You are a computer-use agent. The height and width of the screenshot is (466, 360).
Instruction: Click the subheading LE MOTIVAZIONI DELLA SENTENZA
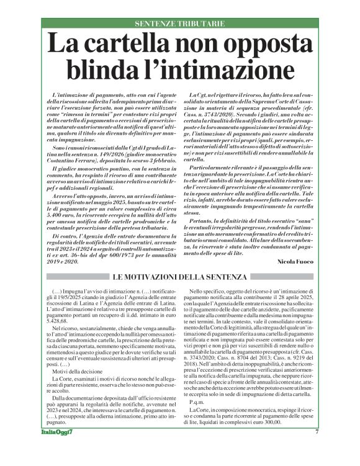click(x=180, y=276)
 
